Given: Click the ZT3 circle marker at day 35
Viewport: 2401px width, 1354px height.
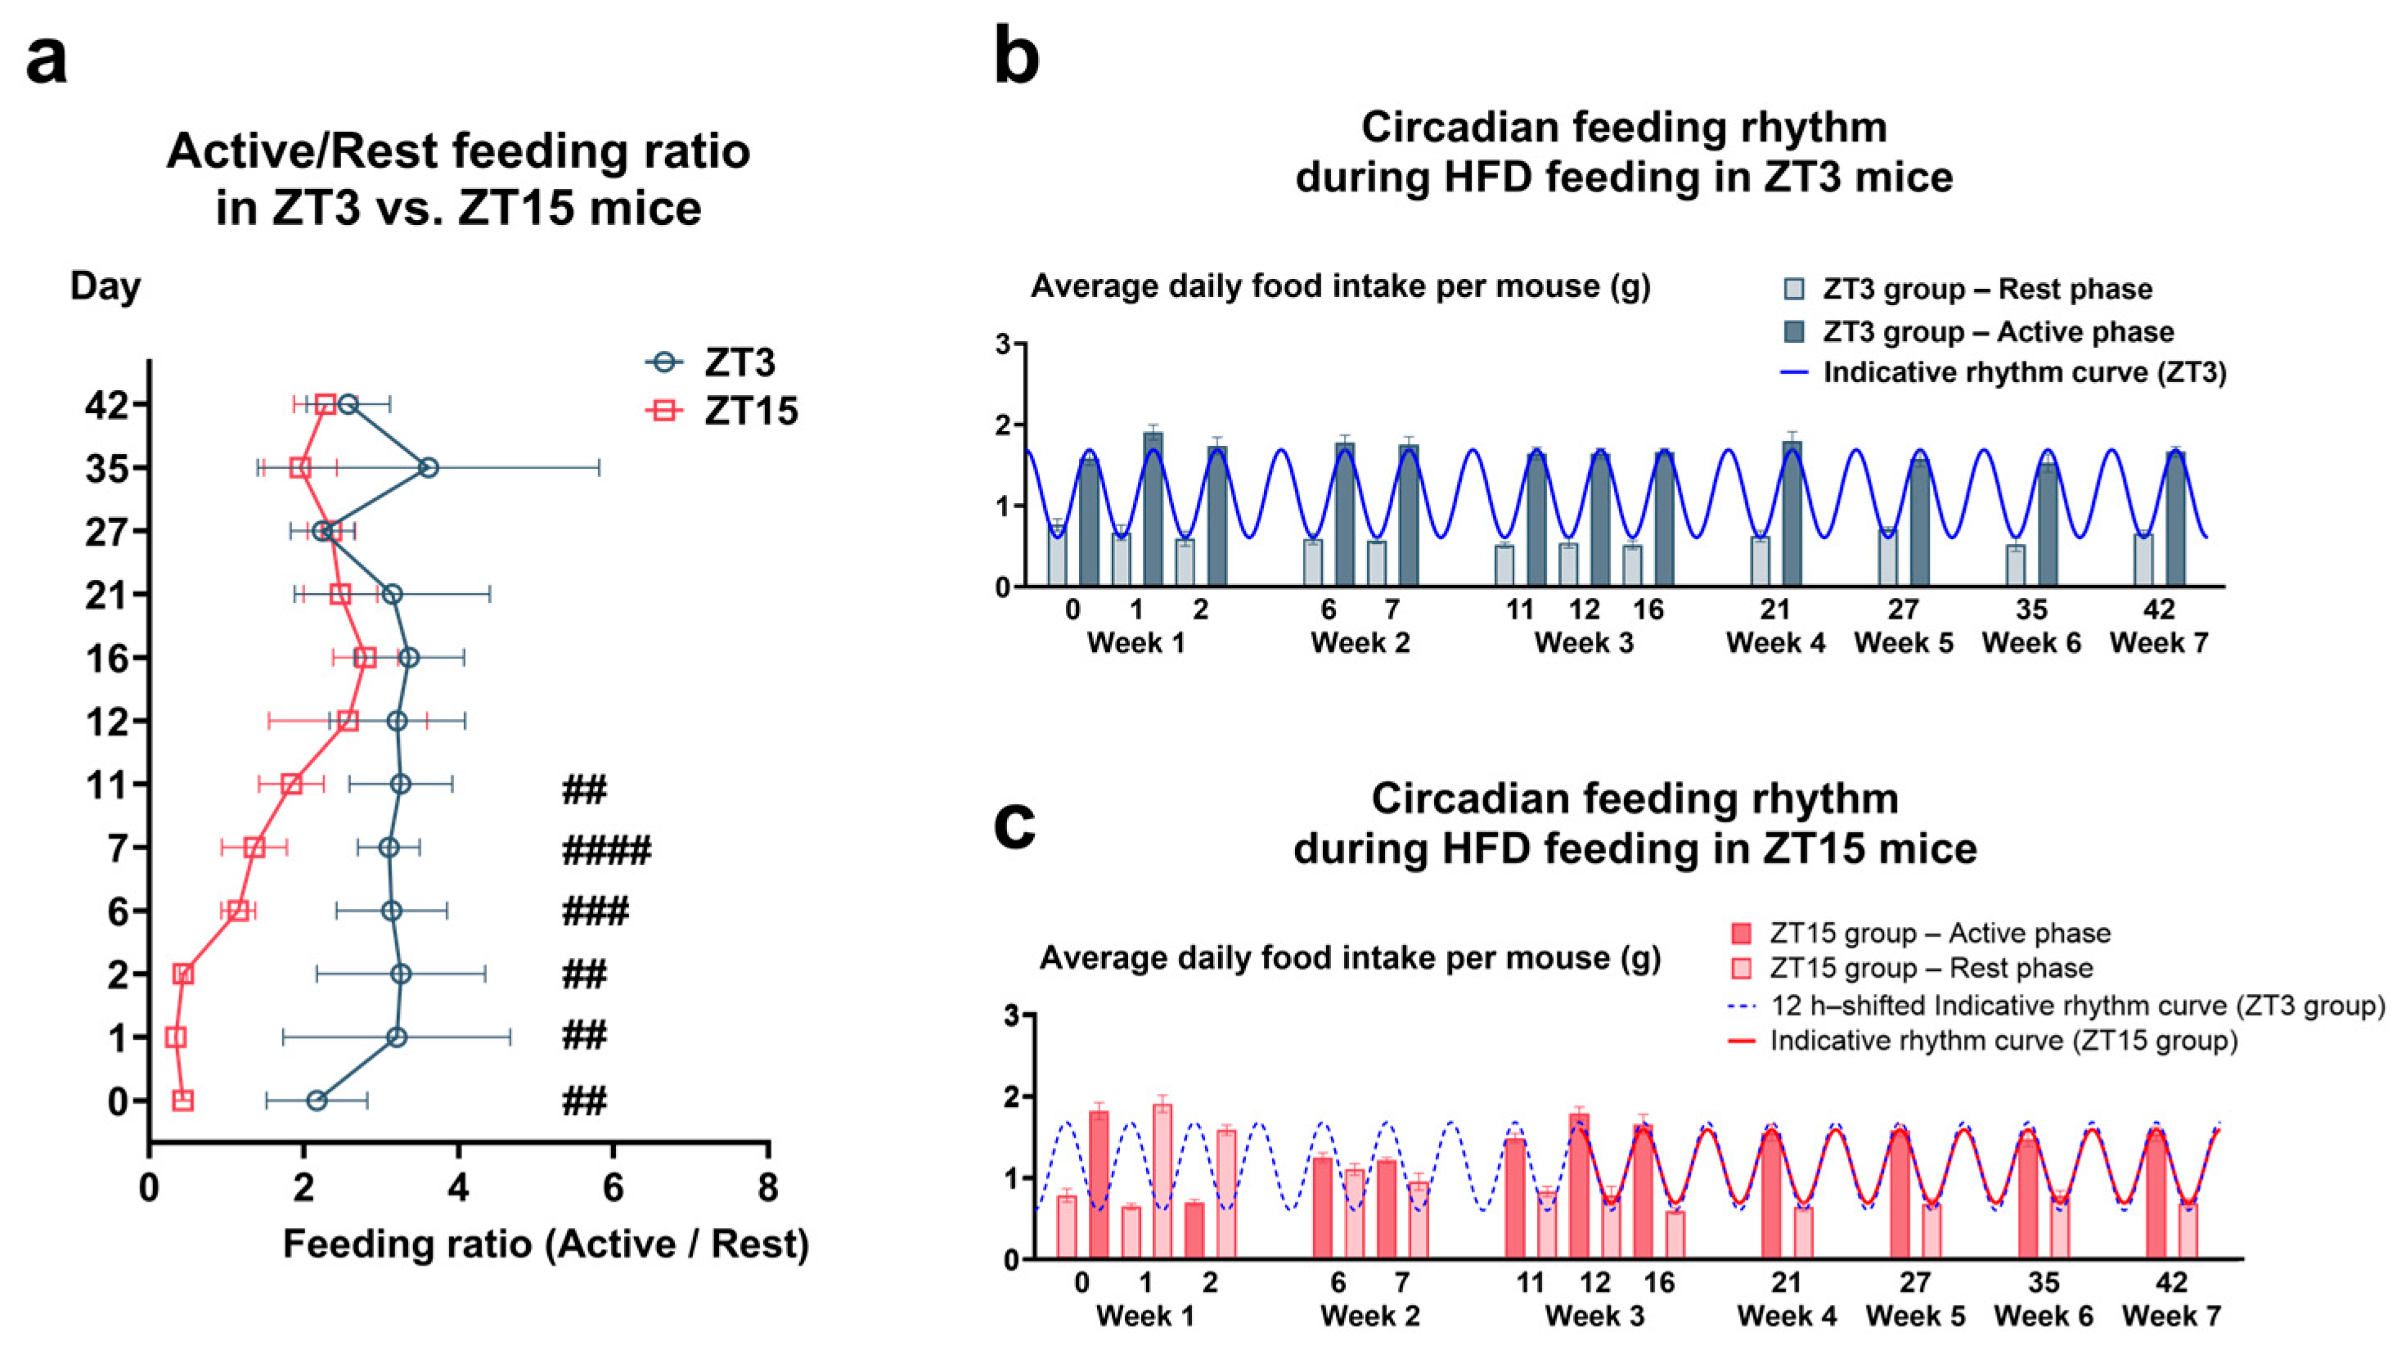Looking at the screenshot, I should [x=428, y=468].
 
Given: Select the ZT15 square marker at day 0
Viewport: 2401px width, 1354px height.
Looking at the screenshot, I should [x=182, y=1100].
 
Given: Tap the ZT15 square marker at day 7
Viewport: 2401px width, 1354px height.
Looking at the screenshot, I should [x=254, y=848].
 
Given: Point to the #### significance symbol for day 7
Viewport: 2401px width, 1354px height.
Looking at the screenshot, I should [x=606, y=850].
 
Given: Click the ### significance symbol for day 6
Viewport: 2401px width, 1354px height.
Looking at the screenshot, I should [x=595, y=911].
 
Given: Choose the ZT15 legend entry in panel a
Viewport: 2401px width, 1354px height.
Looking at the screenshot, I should [x=723, y=411].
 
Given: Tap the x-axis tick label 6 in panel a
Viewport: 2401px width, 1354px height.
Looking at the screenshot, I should [x=613, y=1188].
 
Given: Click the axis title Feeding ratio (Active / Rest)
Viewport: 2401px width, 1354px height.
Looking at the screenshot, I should [x=546, y=1245].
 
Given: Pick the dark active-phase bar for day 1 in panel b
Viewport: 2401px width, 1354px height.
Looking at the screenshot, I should [x=1153, y=510].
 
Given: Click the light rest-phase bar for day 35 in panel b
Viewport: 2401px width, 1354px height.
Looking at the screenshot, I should [x=2015, y=565].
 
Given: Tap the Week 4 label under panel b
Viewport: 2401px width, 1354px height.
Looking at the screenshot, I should [x=1774, y=643].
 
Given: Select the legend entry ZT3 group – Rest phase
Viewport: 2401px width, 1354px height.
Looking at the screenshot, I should [x=1986, y=290].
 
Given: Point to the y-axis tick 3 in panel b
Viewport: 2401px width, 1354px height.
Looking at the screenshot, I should [x=1002, y=344].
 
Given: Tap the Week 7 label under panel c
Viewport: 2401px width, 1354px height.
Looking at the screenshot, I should [x=2172, y=1316].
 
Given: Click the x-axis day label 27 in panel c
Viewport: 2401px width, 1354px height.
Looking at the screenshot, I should [x=1914, y=1283].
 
